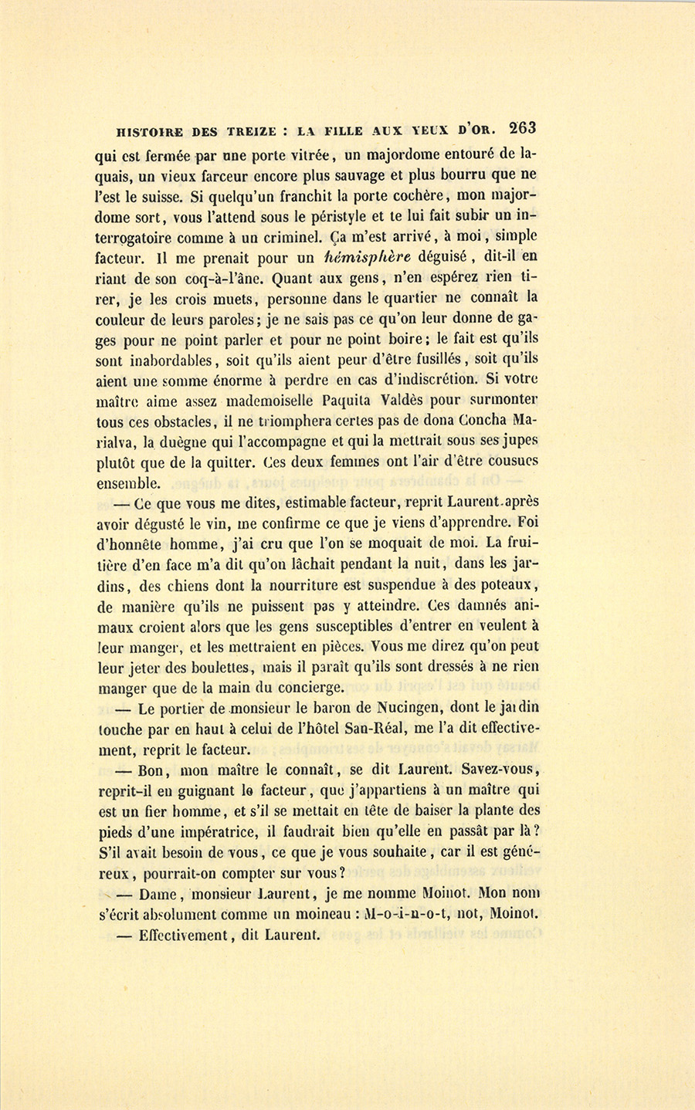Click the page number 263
tap(523, 127)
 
